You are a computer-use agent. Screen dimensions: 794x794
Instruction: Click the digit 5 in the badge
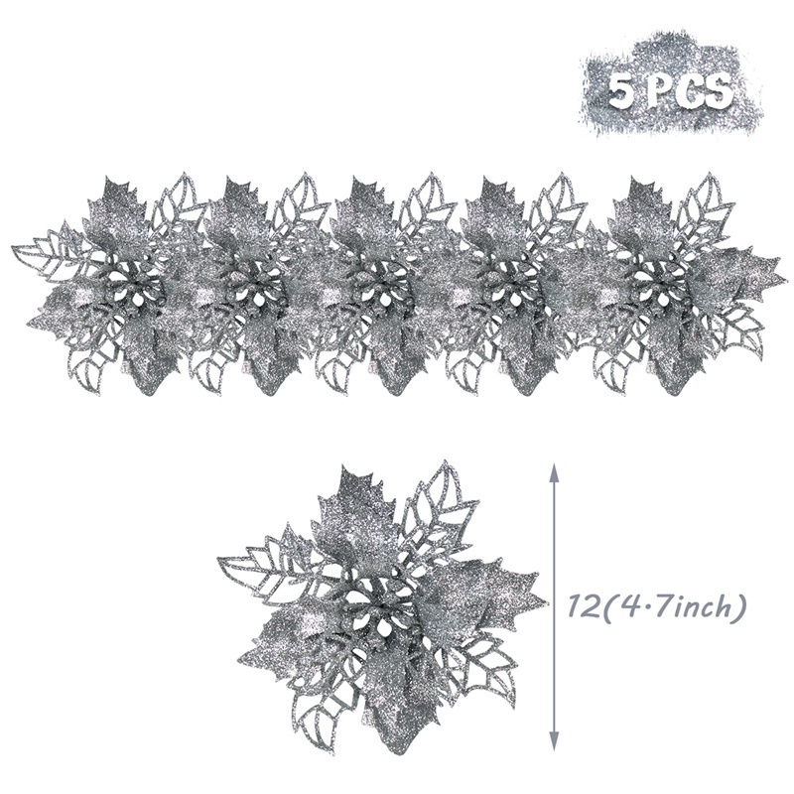tap(623, 92)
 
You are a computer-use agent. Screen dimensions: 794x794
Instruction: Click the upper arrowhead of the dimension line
tap(554, 473)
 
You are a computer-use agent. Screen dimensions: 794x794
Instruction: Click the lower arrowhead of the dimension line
tap(554, 739)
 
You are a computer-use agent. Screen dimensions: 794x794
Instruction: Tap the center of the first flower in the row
tap(133, 285)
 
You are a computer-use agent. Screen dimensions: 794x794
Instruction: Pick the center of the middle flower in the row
tap(386, 285)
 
